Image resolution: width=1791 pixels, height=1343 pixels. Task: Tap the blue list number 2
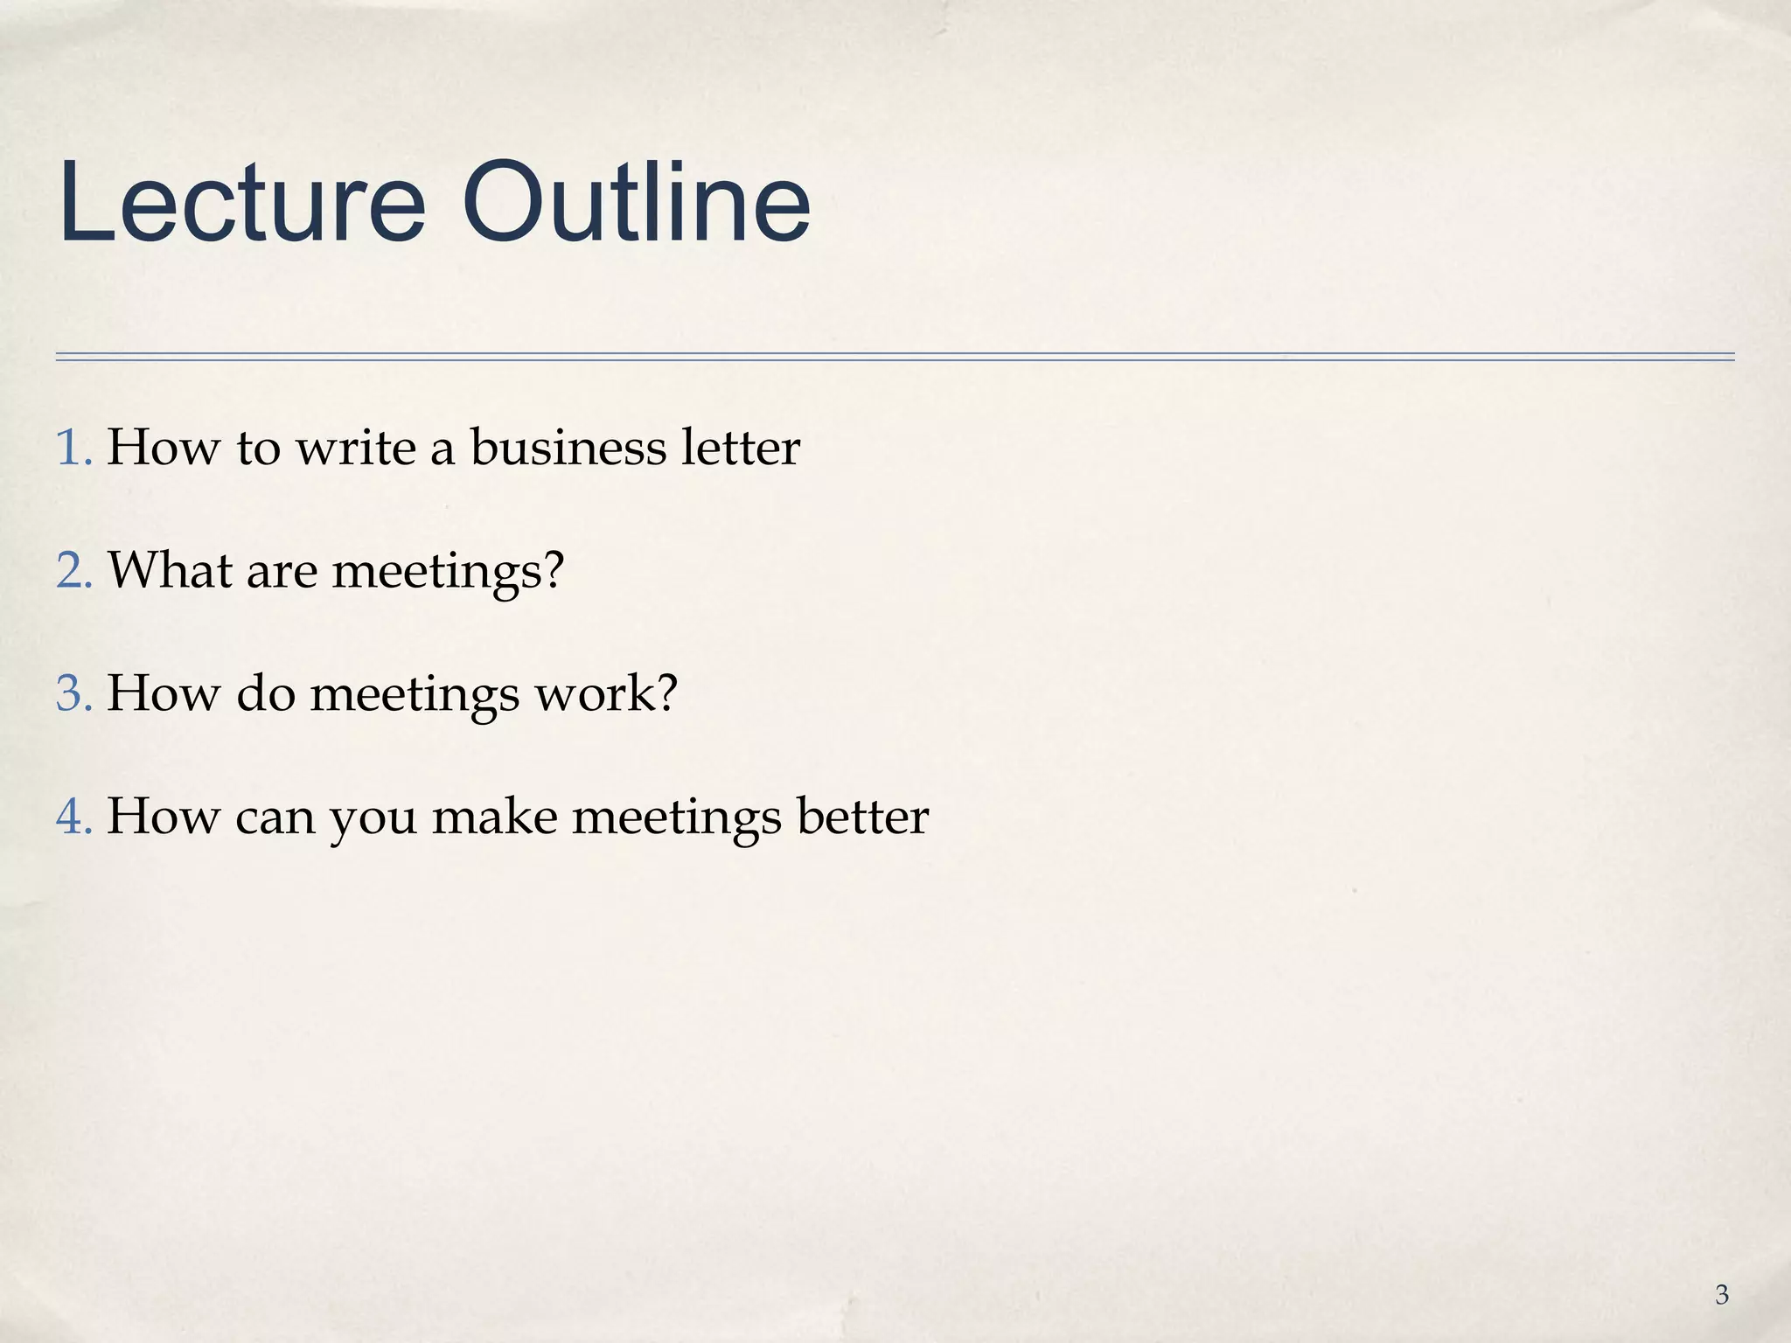72,571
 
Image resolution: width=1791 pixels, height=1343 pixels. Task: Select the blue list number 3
72,693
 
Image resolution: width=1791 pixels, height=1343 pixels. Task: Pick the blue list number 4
72,817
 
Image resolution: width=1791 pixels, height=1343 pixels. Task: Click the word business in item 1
568,448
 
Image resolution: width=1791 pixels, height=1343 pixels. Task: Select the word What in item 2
170,571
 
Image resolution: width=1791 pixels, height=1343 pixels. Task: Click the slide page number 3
1721,1295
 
